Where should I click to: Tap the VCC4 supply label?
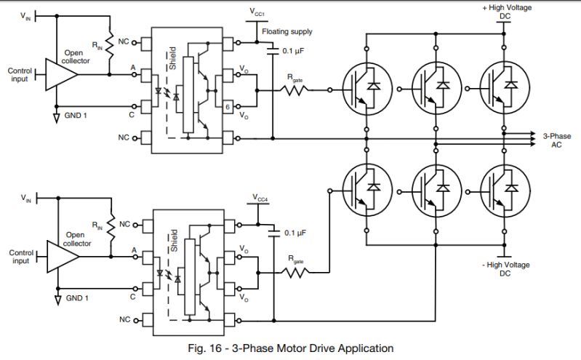[260, 198]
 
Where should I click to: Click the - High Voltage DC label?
[507, 268]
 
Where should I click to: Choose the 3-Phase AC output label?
[558, 140]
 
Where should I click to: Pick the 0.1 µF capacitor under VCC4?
[273, 233]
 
